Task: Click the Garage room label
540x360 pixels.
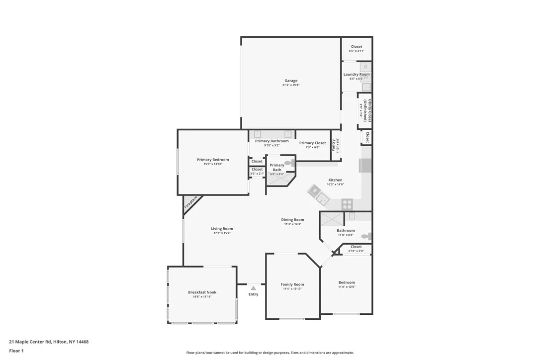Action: pos(291,81)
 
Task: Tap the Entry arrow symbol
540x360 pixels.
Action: pos(253,288)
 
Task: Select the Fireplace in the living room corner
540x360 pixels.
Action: pos(191,203)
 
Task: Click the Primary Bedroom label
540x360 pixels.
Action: pos(213,160)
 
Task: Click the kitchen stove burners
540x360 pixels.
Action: pos(347,203)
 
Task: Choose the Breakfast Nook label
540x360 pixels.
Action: pos(202,292)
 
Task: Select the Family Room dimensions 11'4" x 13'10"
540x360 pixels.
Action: pos(292,289)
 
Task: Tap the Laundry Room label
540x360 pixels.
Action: pos(357,75)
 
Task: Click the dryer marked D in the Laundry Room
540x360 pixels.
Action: pos(366,67)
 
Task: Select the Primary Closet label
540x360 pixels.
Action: pos(312,143)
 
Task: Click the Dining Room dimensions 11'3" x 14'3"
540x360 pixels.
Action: pos(292,224)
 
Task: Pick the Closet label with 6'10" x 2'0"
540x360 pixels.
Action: pos(356,247)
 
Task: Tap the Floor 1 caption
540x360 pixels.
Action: pos(16,351)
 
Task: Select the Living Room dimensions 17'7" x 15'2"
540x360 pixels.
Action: pos(222,233)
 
